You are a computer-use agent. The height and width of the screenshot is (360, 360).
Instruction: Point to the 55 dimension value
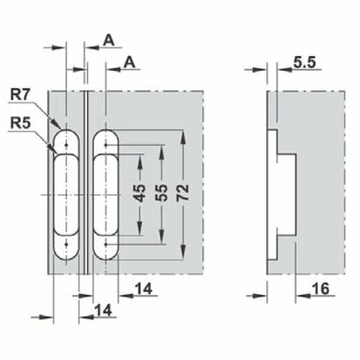click(x=161, y=193)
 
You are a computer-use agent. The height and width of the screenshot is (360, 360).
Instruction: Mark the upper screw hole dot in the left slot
click(x=66, y=144)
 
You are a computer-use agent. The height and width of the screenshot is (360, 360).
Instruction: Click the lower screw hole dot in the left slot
click(x=66, y=245)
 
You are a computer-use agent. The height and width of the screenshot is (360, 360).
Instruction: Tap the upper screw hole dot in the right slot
click(x=106, y=145)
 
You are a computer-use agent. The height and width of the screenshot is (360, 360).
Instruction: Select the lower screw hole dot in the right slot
click(x=106, y=245)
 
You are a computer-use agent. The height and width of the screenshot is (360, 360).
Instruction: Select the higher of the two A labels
click(x=109, y=40)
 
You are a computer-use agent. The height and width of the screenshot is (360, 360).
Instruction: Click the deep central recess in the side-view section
click(x=287, y=193)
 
